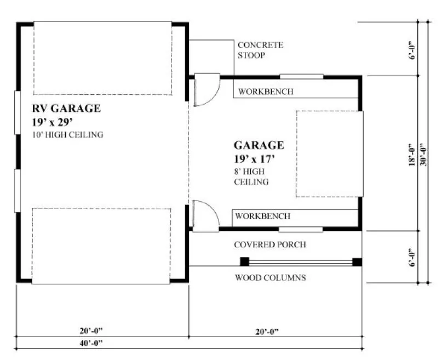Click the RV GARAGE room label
66,109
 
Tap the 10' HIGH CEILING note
67,134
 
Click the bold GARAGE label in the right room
259,145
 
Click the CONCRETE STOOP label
260,50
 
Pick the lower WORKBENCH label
263,216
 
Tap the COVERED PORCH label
270,244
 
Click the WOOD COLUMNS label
270,278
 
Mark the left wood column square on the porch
244,261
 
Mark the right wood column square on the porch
357,261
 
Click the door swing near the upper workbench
207,89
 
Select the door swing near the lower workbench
206,214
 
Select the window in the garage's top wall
301,76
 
